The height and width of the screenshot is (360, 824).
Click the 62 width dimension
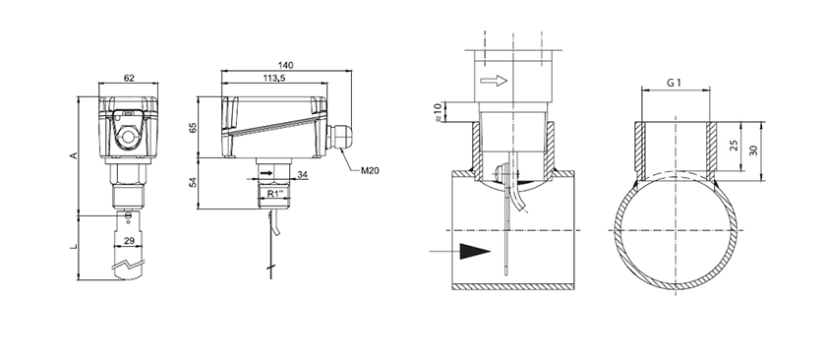pyautogui.click(x=129, y=79)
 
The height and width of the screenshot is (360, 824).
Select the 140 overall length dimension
pyautogui.click(x=285, y=65)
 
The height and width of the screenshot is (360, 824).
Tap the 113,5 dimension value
pyautogui.click(x=273, y=78)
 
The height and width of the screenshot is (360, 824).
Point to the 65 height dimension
pyautogui.click(x=193, y=127)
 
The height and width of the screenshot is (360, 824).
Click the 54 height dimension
pyautogui.click(x=193, y=183)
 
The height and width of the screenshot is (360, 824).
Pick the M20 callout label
pyautogui.click(x=370, y=170)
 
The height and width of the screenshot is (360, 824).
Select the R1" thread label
pyautogui.click(x=275, y=194)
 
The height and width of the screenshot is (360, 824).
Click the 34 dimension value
pyautogui.click(x=302, y=174)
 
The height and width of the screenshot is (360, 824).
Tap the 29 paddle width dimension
pyautogui.click(x=128, y=240)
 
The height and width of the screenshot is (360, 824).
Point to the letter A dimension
pyautogui.click(x=74, y=155)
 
